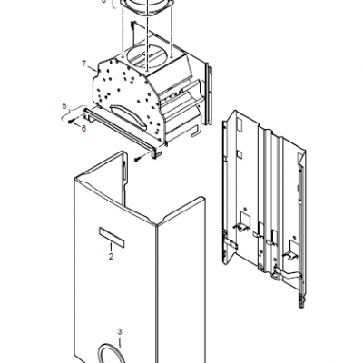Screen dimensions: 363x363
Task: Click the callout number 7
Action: click(83, 64)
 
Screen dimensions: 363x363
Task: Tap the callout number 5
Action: click(64, 106)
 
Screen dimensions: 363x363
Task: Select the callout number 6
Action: click(83, 128)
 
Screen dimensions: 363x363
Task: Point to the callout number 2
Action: click(111, 256)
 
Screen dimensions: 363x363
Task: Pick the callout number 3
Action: click(120, 332)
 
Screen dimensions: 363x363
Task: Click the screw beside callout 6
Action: click(71, 122)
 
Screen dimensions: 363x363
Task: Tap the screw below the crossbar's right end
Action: click(139, 158)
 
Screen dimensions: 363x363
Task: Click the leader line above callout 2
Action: click(111, 247)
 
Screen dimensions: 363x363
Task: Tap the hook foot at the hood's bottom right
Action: click(195, 131)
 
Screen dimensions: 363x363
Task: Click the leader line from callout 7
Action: click(92, 68)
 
